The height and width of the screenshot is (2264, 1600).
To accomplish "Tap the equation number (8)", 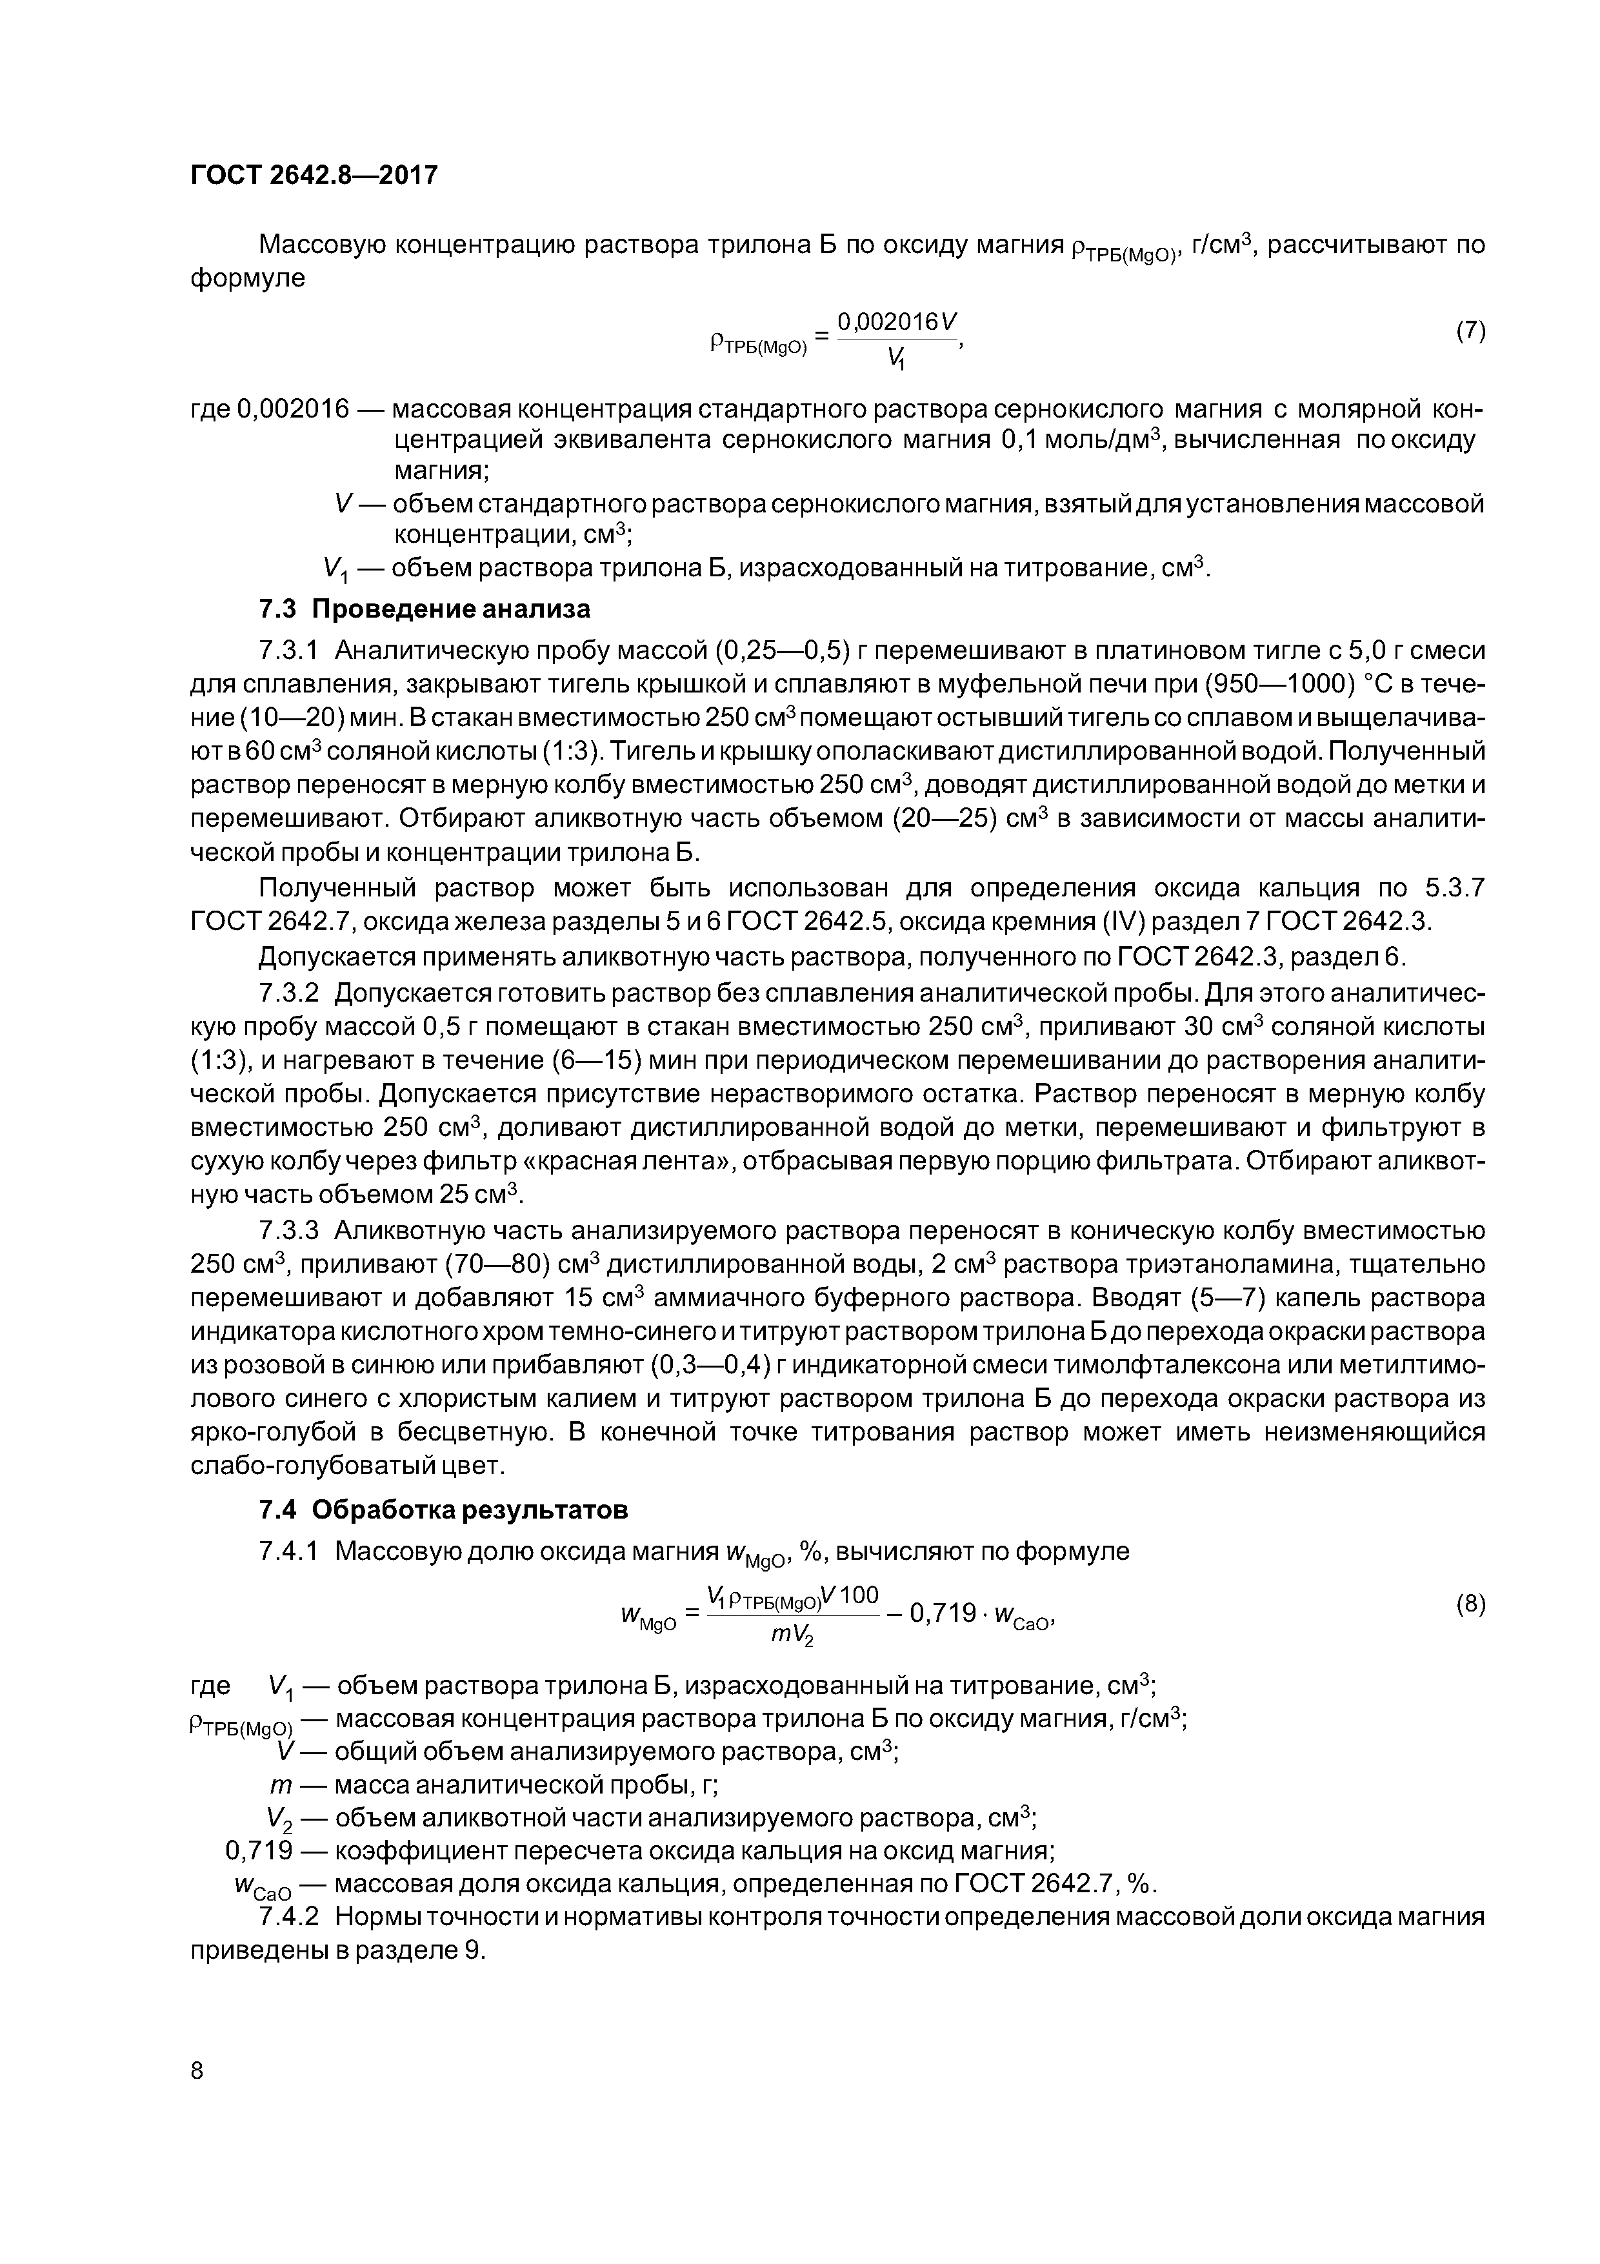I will [x=1470, y=1604].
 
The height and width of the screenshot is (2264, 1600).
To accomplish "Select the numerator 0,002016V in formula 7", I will [x=897, y=321].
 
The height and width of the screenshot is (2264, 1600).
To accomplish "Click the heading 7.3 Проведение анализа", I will [x=424, y=609].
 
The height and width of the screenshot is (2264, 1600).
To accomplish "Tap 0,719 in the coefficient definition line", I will [x=259, y=1850].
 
